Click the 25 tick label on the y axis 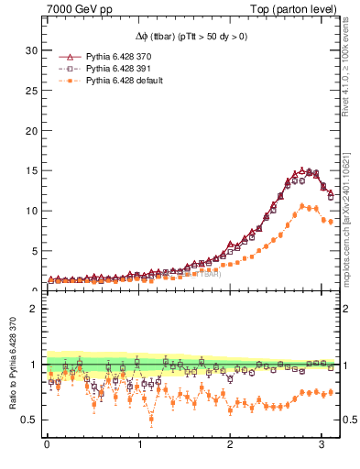(x=29, y=90)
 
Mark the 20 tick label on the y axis (x=29, y=130)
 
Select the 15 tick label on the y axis (x=29, y=170)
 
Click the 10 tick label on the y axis (x=29, y=211)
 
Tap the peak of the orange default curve (x=304, y=206)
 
